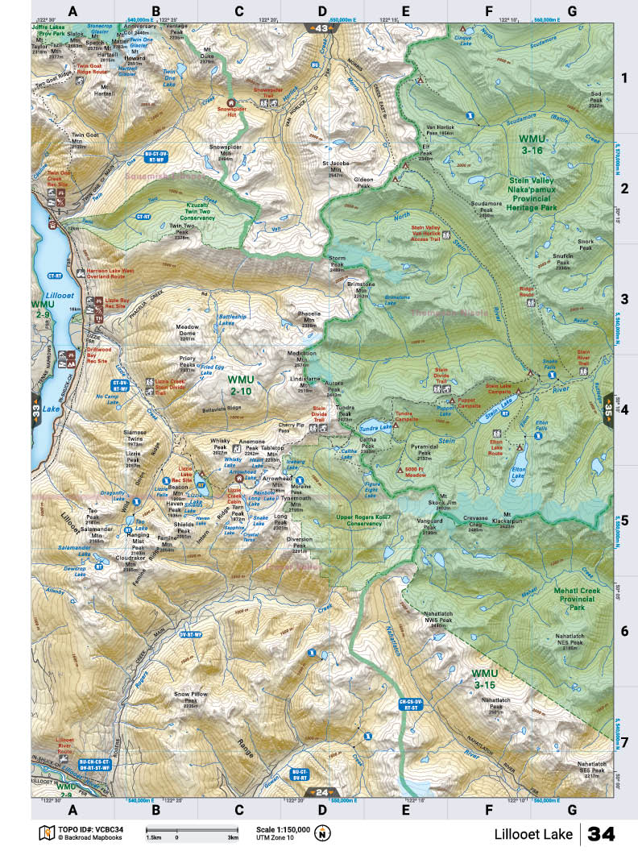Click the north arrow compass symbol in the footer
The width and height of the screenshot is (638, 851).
click(x=324, y=832)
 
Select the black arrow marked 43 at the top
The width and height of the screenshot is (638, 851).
click(x=321, y=28)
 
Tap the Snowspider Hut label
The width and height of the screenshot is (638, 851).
click(x=230, y=113)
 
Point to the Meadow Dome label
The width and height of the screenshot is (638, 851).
click(x=187, y=330)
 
